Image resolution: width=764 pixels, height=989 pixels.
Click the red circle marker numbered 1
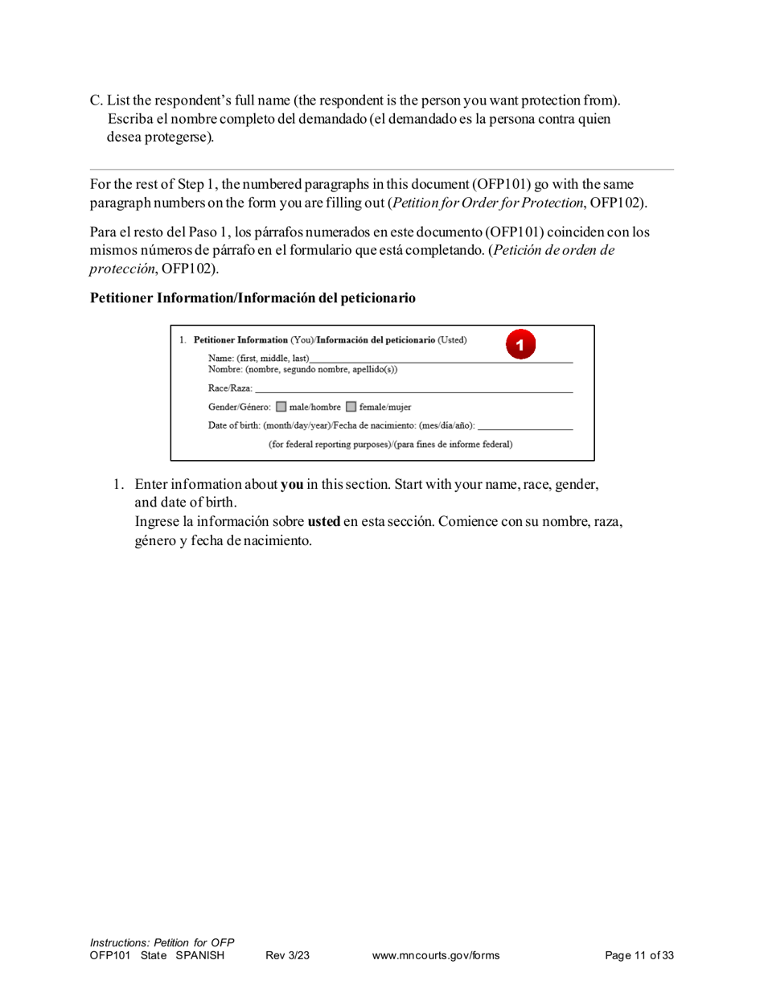pyautogui.click(x=520, y=345)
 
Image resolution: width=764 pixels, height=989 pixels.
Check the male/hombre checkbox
pyautogui.click(x=281, y=407)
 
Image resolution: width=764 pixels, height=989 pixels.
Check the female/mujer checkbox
pyautogui.click(x=351, y=407)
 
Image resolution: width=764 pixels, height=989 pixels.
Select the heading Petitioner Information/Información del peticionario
pyautogui.click(x=253, y=298)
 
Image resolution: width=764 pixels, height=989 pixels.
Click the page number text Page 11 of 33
pyautogui.click(x=639, y=955)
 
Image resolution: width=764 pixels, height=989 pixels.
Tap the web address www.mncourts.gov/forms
pyautogui.click(x=436, y=955)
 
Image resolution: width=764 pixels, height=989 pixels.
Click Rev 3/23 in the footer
pyautogui.click(x=287, y=955)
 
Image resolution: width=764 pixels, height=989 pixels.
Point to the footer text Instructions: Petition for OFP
pyautogui.click(x=162, y=942)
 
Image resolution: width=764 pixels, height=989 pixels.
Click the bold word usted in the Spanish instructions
pyautogui.click(x=323, y=521)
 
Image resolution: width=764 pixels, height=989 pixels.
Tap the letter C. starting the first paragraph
pyautogui.click(x=97, y=101)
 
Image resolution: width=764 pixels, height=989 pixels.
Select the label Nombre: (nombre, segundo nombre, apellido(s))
pyautogui.click(x=302, y=369)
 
